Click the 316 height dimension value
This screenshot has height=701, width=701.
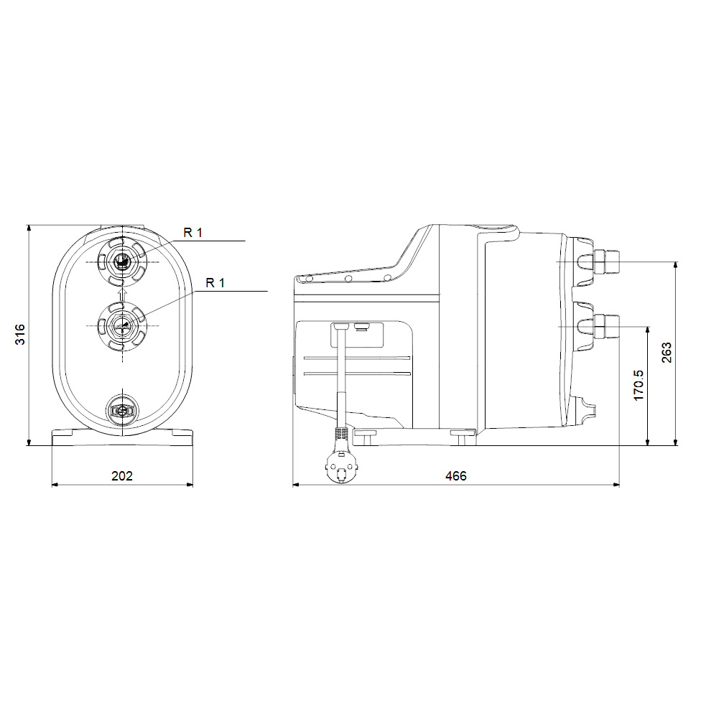(21, 334)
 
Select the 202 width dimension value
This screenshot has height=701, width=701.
(123, 475)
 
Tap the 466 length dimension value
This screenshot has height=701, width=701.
(455, 475)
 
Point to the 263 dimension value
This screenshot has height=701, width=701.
(667, 353)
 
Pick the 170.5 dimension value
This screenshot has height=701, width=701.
(639, 385)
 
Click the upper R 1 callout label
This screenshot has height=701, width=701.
(193, 232)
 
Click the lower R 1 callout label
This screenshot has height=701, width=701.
(215, 283)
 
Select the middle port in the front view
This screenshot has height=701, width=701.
(123, 325)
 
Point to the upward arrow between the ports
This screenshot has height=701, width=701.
(123, 292)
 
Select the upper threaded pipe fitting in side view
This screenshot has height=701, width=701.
(604, 263)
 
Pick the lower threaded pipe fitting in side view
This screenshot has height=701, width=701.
(604, 325)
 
